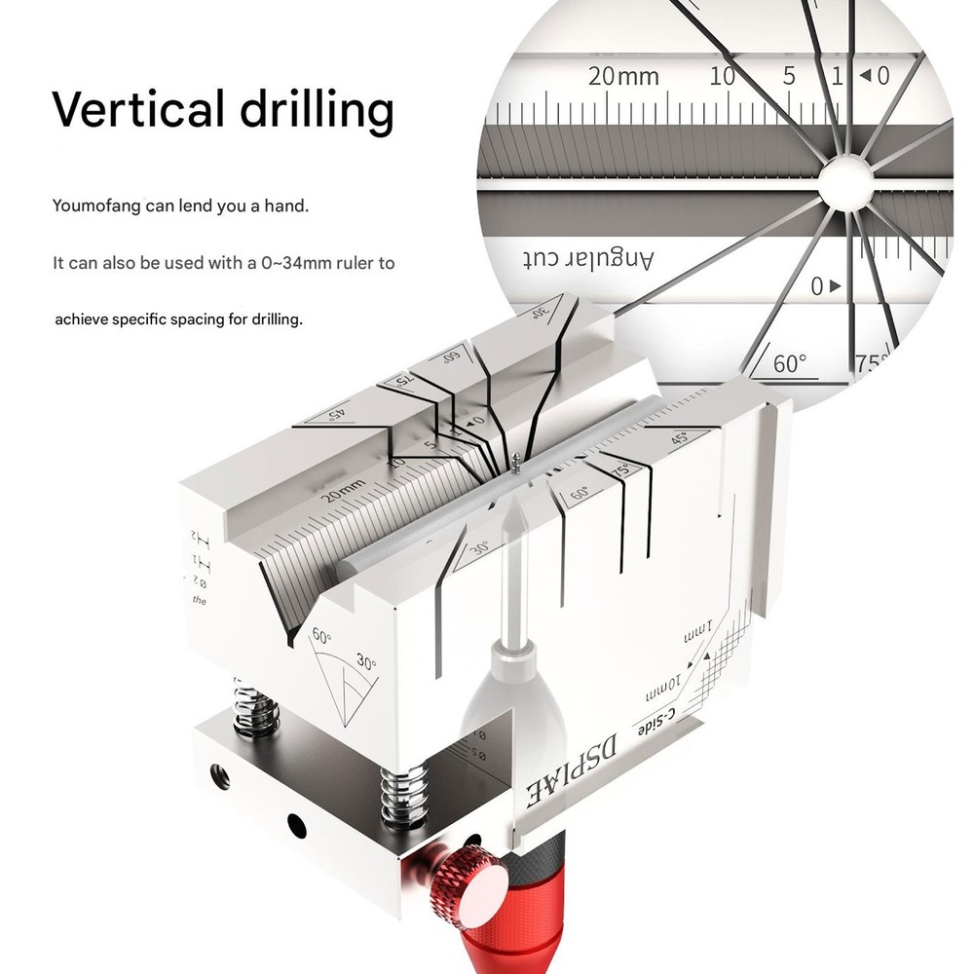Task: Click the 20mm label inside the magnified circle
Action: [623, 76]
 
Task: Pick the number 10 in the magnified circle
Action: [722, 76]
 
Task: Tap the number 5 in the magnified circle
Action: [789, 76]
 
